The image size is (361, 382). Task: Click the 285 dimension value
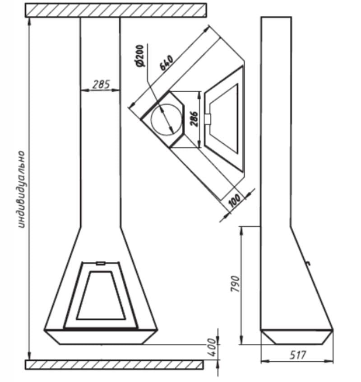coord(101,84)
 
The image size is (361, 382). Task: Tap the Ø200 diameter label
coord(140,56)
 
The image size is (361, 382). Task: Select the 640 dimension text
coord(167,63)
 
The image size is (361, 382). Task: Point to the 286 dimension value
coord(194,119)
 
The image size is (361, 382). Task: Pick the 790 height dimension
coord(235,283)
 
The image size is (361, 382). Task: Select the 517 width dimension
coord(297,355)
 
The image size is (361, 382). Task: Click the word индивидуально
coord(22,189)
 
